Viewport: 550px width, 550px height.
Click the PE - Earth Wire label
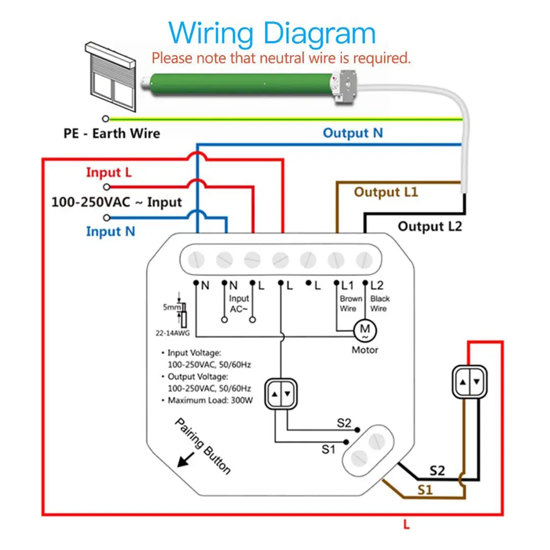(112, 134)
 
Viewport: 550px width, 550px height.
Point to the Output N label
(353, 133)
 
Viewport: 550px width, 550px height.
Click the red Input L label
(109, 173)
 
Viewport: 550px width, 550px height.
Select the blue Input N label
(111, 232)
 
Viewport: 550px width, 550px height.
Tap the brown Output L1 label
(386, 193)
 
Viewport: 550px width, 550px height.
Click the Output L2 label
(430, 226)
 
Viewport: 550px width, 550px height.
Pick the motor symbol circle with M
(365, 330)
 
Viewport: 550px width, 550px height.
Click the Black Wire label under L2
(379, 304)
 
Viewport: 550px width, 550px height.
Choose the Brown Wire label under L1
(351, 304)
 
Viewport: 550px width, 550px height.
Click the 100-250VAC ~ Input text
(117, 202)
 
